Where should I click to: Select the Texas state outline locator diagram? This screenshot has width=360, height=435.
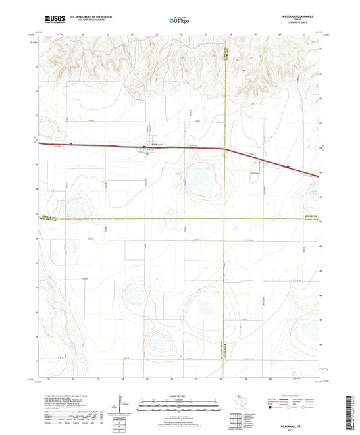pos(240,403)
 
